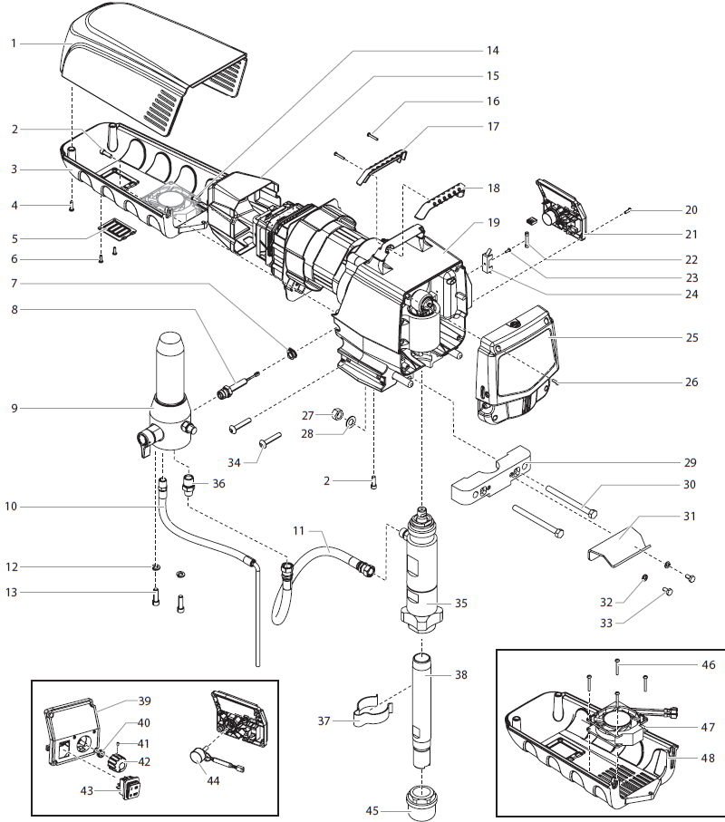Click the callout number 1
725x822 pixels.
(14, 43)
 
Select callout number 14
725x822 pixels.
(492, 51)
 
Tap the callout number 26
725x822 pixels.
(691, 382)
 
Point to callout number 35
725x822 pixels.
(460, 603)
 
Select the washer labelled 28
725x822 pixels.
(350, 422)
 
